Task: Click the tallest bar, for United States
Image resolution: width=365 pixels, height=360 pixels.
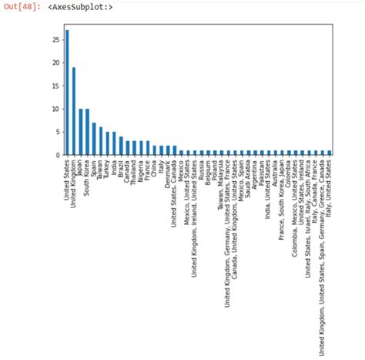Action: pyautogui.click(x=67, y=93)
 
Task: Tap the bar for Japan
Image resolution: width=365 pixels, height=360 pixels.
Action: pyautogui.click(x=81, y=132)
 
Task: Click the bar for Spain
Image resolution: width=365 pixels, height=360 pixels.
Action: pyautogui.click(x=94, y=139)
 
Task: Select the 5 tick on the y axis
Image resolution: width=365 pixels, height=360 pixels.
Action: pyautogui.click(x=55, y=132)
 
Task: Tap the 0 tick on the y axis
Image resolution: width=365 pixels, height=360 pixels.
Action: pyautogui.click(x=55, y=155)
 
